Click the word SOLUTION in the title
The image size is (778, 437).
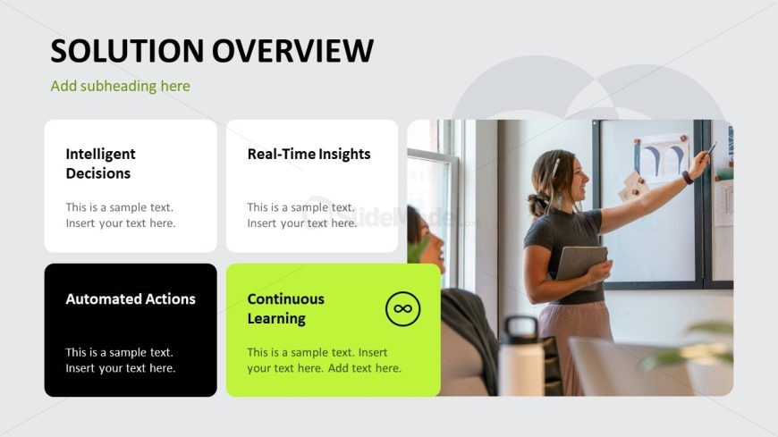(127, 51)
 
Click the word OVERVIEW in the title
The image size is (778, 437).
(292, 51)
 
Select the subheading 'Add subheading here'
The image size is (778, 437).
(120, 86)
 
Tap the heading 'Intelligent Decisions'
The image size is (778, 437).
(101, 164)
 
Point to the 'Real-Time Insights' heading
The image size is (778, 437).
(309, 154)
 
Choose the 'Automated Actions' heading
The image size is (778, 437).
(131, 298)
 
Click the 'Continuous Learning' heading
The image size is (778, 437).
(286, 308)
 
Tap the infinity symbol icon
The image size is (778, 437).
(403, 308)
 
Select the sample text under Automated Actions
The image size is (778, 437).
(121, 360)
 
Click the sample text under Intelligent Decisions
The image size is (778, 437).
(121, 214)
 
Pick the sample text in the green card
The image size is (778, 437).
(324, 360)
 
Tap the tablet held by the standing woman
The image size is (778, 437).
(581, 265)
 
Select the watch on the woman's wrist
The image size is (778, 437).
(688, 177)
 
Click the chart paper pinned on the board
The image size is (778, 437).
(662, 158)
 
